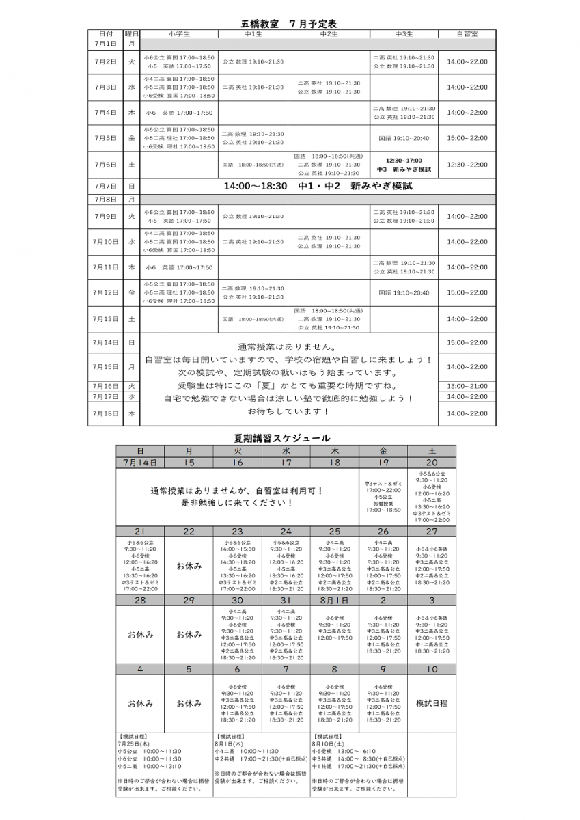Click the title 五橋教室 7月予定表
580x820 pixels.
(x=289, y=24)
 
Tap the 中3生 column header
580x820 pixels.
(x=404, y=33)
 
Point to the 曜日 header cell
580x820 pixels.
(x=131, y=33)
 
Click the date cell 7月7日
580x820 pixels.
(x=106, y=186)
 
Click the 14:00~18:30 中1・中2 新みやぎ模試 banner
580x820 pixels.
(x=318, y=186)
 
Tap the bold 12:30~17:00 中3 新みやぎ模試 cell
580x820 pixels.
(x=404, y=165)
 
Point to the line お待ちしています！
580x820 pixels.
(x=288, y=411)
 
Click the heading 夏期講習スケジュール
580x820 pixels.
(x=281, y=438)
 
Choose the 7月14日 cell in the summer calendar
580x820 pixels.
(x=140, y=463)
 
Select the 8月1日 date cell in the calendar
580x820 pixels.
(x=335, y=600)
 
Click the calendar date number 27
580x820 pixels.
(x=432, y=532)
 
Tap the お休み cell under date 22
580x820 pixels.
(x=189, y=566)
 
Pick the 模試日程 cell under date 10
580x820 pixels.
(x=432, y=703)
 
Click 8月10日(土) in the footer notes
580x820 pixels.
(x=328, y=744)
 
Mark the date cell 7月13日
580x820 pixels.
(x=106, y=319)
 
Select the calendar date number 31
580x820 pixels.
(x=286, y=600)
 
